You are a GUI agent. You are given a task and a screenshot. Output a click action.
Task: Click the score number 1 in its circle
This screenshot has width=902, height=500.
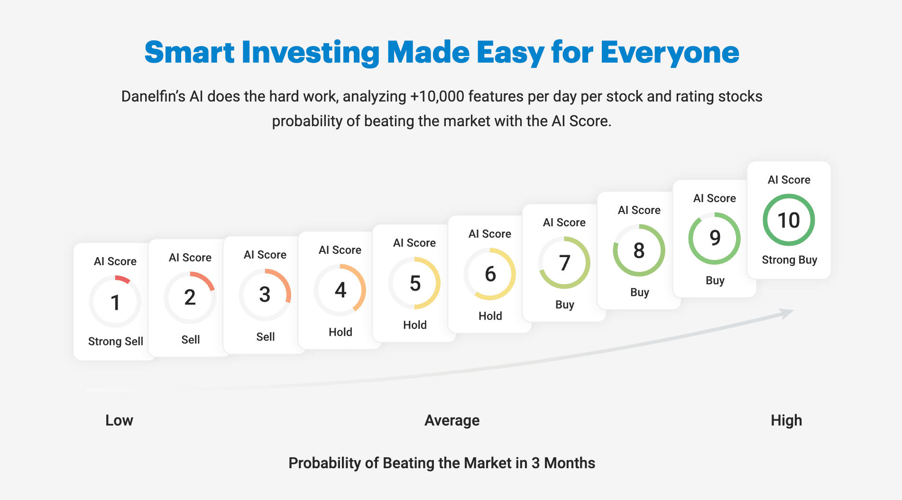115,303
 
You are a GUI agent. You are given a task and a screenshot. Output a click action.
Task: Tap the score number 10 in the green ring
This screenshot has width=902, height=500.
789,220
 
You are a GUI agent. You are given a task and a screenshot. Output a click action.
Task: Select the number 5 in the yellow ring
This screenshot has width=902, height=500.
415,284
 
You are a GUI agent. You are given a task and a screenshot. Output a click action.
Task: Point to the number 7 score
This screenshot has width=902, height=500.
564,263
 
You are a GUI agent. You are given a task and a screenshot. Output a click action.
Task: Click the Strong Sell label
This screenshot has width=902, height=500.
116,342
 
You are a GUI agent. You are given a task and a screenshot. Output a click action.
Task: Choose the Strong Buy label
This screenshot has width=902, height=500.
790,260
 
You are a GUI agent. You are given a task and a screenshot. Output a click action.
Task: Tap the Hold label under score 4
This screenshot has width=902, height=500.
341,332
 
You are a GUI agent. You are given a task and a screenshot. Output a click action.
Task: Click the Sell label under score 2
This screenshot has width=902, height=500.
191,340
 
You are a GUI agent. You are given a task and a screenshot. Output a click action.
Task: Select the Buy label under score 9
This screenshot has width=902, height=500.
715,280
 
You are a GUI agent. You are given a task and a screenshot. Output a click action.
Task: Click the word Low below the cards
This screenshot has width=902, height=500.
119,420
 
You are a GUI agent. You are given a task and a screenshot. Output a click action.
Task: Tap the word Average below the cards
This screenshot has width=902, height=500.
452,421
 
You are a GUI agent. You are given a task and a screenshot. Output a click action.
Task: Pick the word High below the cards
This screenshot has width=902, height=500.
786,421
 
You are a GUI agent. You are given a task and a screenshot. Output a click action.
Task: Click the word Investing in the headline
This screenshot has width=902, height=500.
311,53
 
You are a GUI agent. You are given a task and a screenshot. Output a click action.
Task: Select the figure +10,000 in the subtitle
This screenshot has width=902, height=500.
437,96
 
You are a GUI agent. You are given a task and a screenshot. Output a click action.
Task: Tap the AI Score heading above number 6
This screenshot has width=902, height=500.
490,234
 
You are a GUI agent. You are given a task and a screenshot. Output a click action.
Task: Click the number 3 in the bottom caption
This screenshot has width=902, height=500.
535,463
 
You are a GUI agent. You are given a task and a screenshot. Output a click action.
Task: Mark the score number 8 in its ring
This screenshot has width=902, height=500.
639,250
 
